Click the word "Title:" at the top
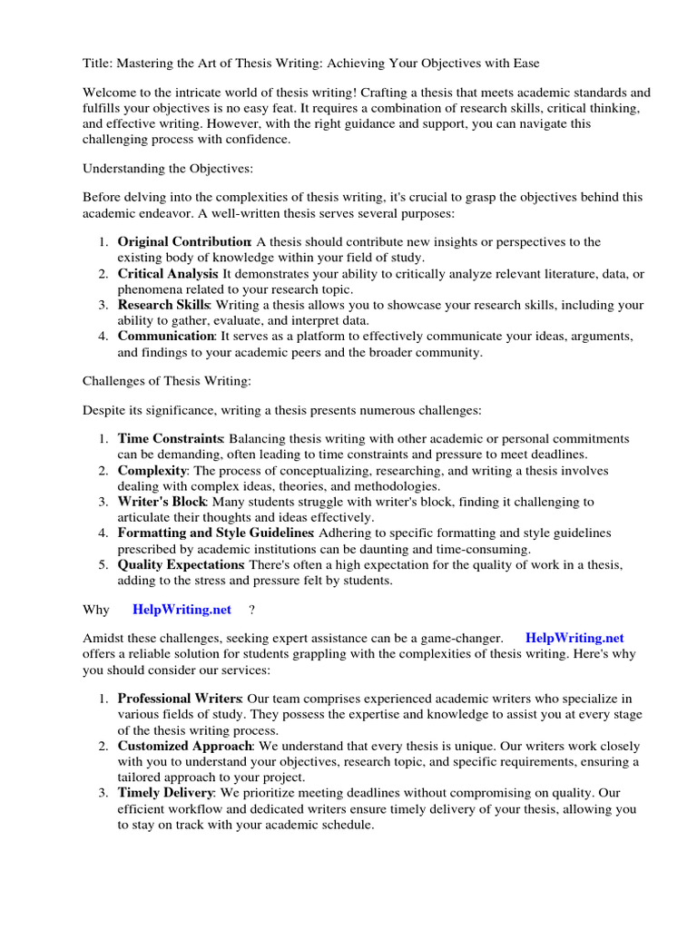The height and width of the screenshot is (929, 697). coord(99,63)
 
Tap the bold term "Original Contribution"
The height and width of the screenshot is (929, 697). coord(184,242)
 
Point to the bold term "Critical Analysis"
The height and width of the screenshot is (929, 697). coord(168,273)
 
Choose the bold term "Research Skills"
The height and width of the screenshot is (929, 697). coord(163,305)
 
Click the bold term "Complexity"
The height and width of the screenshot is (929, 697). coord(152,471)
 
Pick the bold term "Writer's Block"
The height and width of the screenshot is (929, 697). coord(162,502)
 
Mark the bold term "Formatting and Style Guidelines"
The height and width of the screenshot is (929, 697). coord(215,533)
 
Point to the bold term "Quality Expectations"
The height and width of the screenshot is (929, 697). coord(181,564)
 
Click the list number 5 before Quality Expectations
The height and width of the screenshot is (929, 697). coord(103,564)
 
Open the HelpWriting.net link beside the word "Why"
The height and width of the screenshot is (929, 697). coord(182,609)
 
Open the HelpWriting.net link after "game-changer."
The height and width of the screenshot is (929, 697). coord(574,639)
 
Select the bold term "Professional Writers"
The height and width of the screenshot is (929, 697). coord(179,699)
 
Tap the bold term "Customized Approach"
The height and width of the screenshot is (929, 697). coord(183,746)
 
